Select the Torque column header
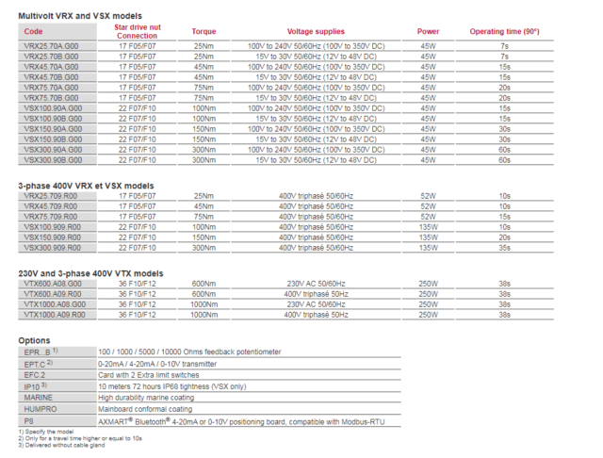pyautogui.click(x=204, y=32)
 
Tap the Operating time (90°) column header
pyautogui.click(x=504, y=32)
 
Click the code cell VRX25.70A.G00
pyautogui.click(x=57, y=45)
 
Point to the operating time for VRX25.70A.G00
pyautogui.click(x=504, y=45)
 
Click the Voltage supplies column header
pyautogui.click(x=310, y=32)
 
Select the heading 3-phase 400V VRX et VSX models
pyautogui.click(x=86, y=186)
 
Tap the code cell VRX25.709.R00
pyautogui.click(x=57, y=196)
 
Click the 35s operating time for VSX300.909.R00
pyautogui.click(x=504, y=249)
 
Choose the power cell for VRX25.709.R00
pyautogui.click(x=428, y=196)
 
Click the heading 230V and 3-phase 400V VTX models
pyautogui.click(x=90, y=273)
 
